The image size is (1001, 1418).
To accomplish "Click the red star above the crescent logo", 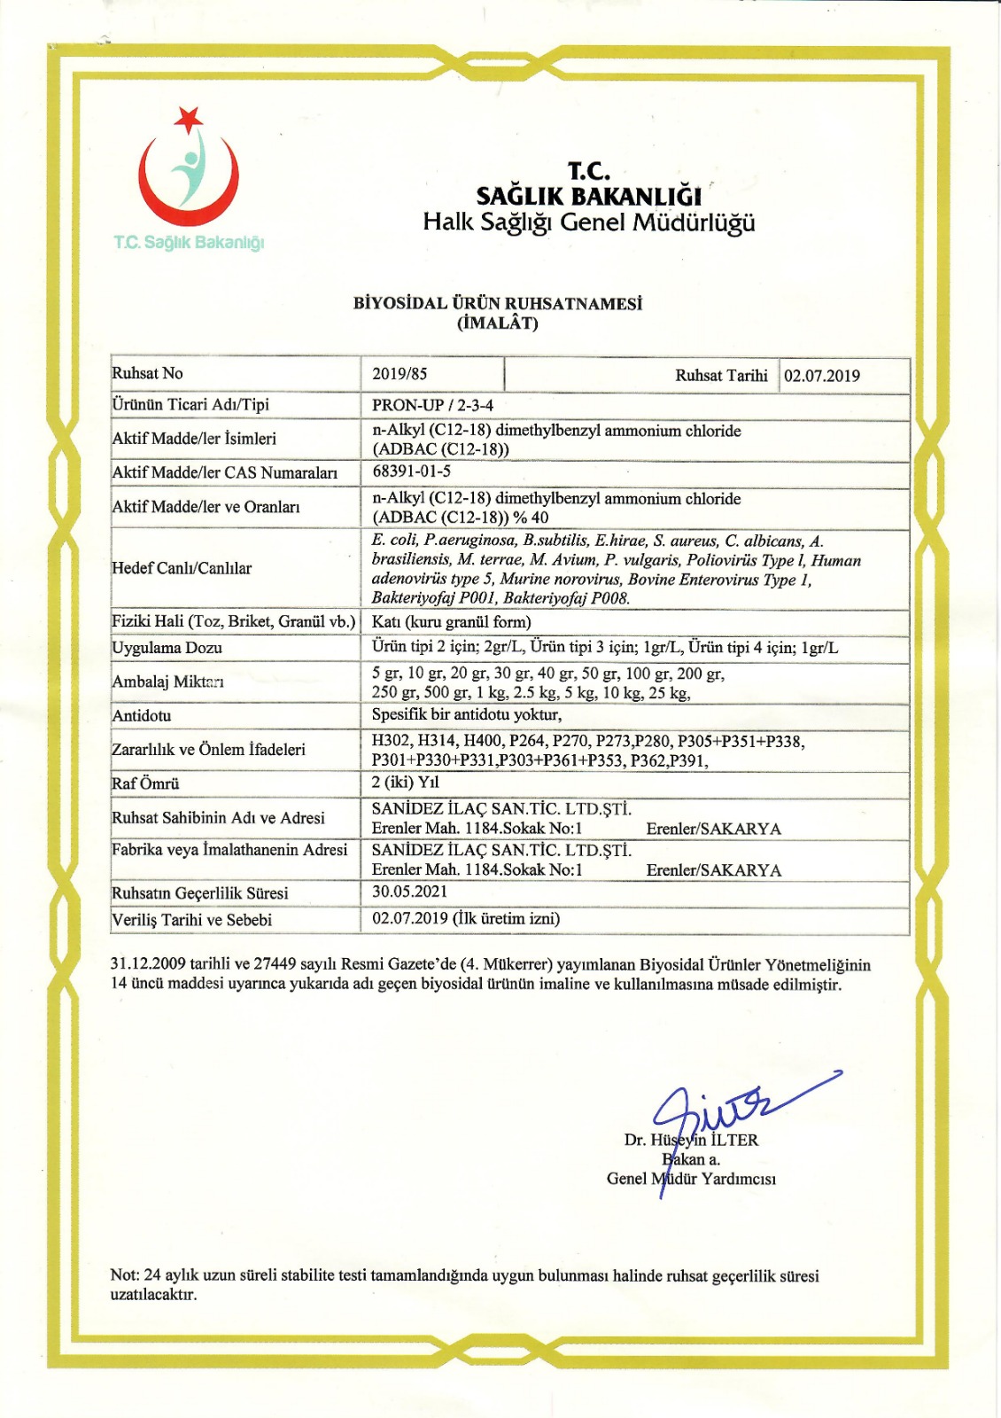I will click(189, 118).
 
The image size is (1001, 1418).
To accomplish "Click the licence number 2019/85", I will click(400, 374).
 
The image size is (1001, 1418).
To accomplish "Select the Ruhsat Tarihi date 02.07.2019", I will click(821, 376).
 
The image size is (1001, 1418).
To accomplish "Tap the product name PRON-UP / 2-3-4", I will click(432, 405).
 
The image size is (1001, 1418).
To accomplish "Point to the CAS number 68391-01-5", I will click(411, 471).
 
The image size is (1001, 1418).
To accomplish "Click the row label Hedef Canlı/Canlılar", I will click(182, 568).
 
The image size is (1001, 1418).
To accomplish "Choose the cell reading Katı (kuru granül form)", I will click(451, 622).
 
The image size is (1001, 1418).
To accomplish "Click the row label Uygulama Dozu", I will click(167, 648).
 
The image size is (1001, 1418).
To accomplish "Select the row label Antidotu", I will click(142, 715).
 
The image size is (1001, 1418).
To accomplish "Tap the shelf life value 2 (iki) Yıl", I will click(405, 783).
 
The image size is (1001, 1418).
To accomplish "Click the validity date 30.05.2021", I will click(409, 892).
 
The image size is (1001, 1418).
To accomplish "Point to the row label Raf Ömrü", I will click(145, 783).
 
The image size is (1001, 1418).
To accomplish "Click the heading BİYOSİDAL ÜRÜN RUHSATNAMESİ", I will click(498, 303).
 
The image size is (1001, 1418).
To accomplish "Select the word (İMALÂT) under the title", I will click(498, 323).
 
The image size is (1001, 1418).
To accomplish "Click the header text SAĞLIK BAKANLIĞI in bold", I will click(588, 196).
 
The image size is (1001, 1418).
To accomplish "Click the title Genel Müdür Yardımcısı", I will click(691, 1179).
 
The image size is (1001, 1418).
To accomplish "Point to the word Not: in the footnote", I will click(125, 1275).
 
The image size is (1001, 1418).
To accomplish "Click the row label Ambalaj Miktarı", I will click(167, 682).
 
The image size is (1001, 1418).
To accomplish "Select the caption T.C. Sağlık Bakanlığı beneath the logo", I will click(189, 243).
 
